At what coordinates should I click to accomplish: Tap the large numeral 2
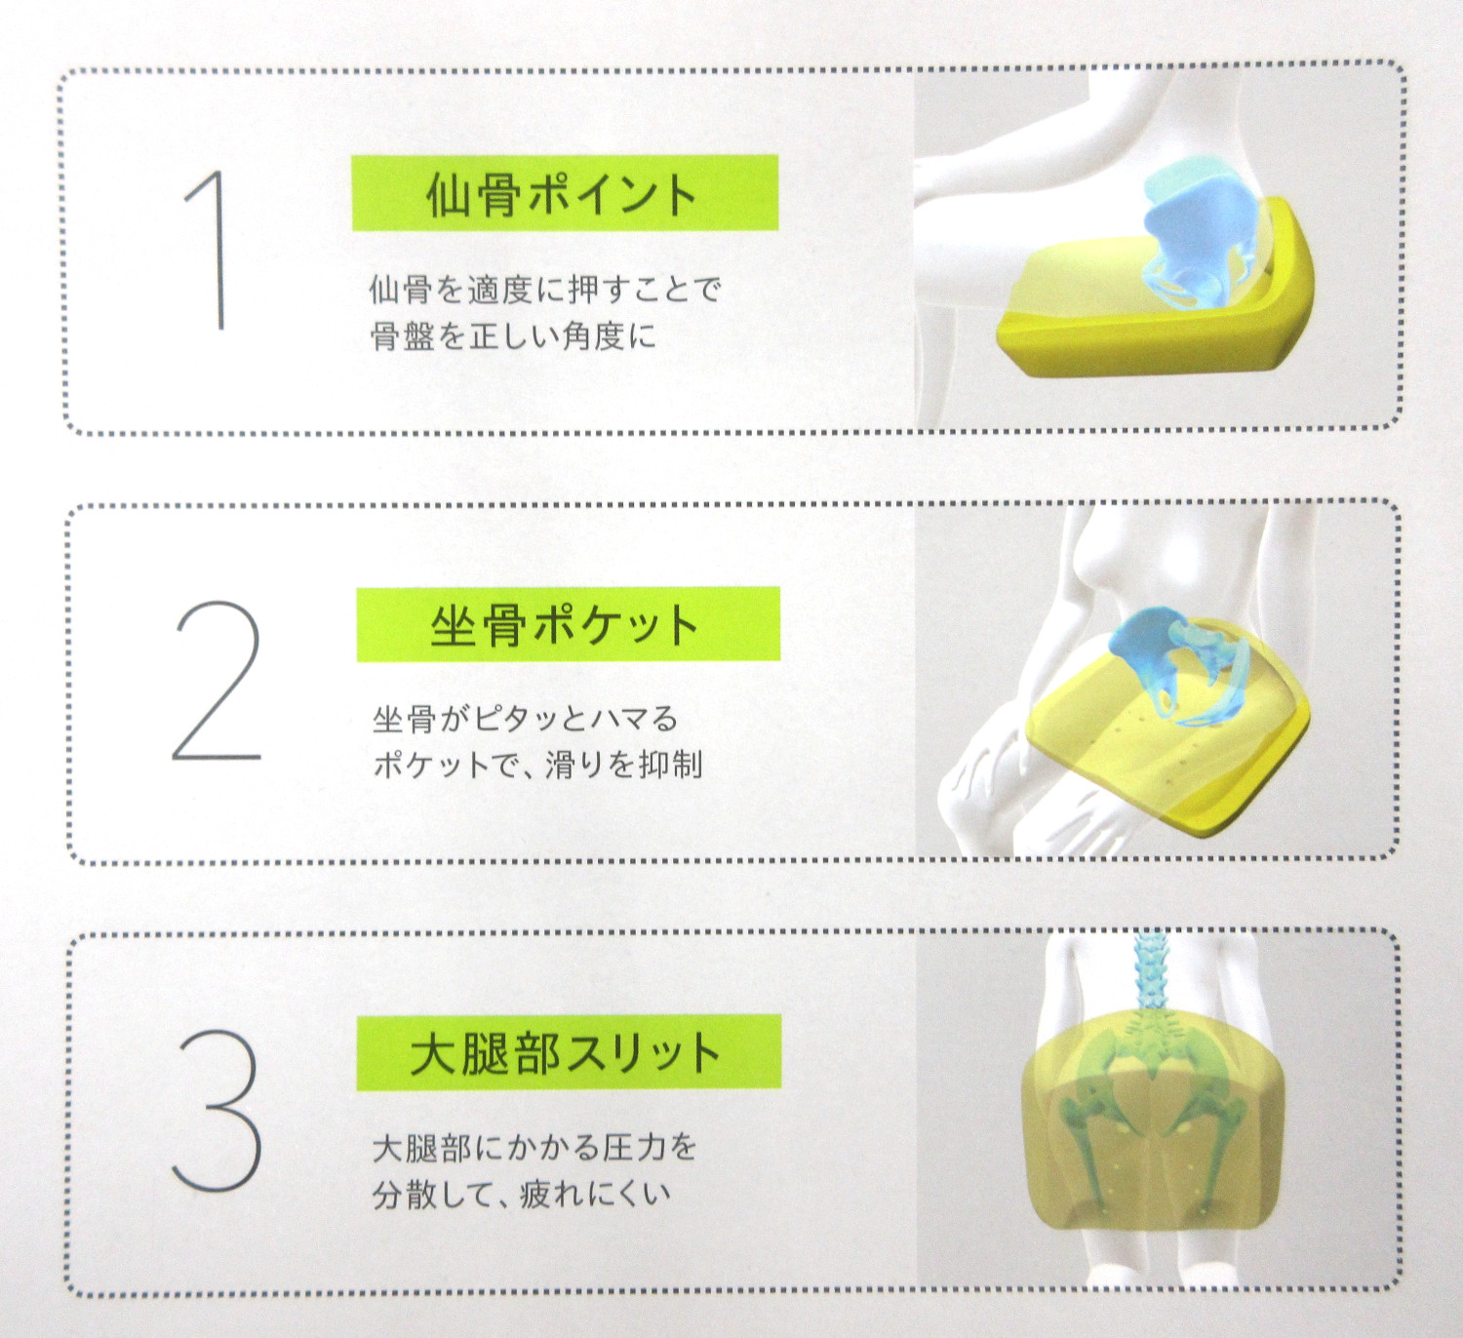coord(217,681)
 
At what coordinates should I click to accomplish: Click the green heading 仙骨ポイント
coord(565,193)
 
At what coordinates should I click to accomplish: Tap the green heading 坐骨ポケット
coord(567,624)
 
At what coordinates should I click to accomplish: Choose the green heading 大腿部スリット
coord(568,1052)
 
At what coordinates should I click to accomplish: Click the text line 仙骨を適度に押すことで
coord(544,289)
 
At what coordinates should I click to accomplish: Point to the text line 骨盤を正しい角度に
coord(513,336)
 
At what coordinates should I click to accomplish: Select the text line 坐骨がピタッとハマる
coord(525,720)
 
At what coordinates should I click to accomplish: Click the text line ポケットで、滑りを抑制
coord(537,765)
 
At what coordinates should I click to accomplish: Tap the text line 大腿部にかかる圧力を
coord(534,1148)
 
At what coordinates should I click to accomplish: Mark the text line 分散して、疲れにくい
coord(522,1194)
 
